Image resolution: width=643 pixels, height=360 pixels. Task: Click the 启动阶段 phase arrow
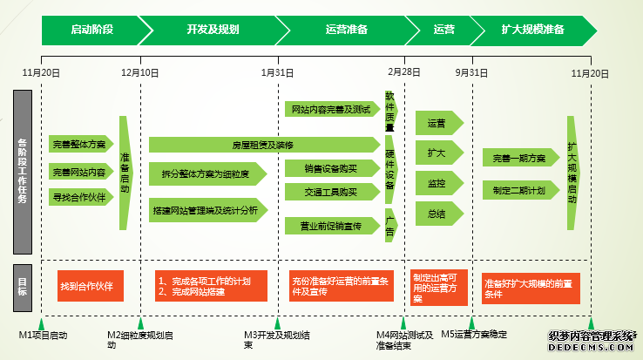[91, 29]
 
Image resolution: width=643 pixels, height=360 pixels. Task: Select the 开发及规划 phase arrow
[212, 29]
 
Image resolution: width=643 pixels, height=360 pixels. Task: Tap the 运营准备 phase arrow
[346, 29]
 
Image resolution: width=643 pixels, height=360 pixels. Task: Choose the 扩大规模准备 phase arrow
[532, 29]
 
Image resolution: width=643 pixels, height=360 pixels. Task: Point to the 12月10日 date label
[139, 72]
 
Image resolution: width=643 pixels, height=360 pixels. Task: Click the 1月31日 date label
[277, 72]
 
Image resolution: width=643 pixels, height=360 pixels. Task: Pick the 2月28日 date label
[403, 72]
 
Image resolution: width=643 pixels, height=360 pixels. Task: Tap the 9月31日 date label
[470, 72]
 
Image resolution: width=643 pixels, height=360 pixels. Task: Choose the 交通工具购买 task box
[331, 192]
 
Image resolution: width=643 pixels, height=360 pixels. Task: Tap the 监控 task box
[437, 183]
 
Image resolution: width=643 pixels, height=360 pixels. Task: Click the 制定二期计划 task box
[520, 190]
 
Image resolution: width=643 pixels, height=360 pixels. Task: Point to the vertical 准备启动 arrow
[125, 172]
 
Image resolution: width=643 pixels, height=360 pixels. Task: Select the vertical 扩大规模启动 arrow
[572, 172]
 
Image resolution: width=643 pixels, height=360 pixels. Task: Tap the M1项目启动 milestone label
[44, 334]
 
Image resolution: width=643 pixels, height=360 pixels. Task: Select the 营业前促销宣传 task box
[331, 226]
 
